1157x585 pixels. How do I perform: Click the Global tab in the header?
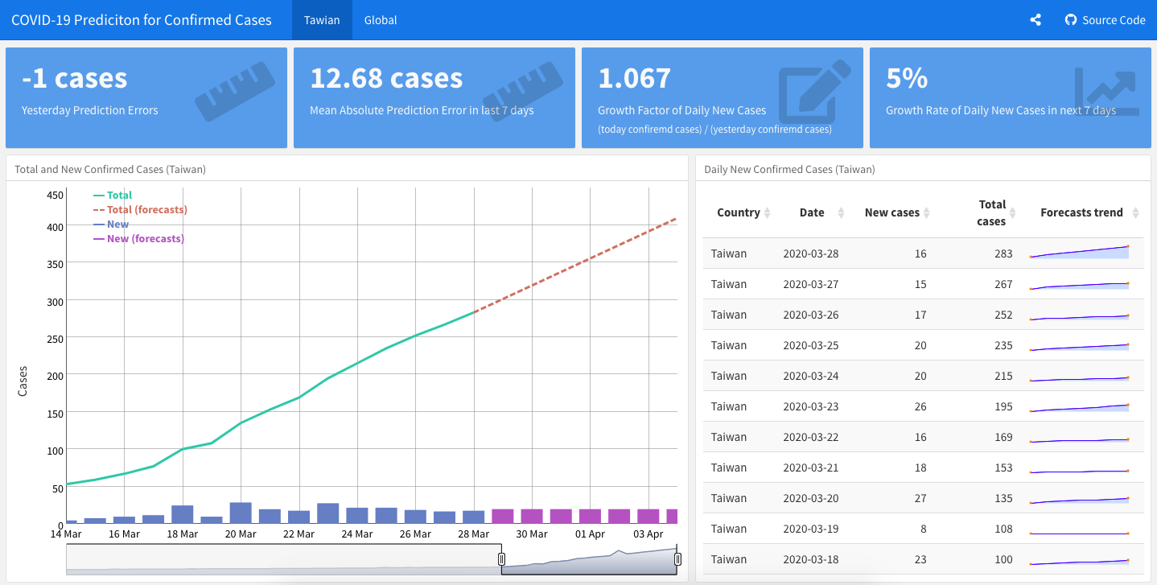(x=381, y=20)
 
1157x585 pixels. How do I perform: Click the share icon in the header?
(x=1036, y=20)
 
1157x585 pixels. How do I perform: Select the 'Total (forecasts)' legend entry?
(x=146, y=210)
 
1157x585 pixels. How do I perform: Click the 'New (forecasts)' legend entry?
(x=145, y=239)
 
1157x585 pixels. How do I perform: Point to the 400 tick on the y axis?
(x=53, y=227)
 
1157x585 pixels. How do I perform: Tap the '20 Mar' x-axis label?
(x=241, y=534)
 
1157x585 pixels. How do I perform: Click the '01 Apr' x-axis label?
(x=590, y=534)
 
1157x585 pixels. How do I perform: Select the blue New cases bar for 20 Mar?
(x=241, y=513)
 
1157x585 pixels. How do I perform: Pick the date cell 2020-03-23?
(x=810, y=406)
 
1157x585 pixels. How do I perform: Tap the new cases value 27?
(x=920, y=498)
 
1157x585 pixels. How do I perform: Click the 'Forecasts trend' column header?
(x=1081, y=212)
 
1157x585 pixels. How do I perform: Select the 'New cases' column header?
(x=891, y=212)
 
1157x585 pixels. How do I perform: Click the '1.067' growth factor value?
(x=634, y=78)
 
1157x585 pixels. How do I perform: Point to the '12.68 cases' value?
(x=386, y=78)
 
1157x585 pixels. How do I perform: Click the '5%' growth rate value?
(x=907, y=78)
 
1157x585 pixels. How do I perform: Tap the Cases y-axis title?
(x=23, y=381)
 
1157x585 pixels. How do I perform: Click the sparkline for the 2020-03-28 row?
(x=1079, y=252)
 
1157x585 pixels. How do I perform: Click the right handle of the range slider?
(x=677, y=559)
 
